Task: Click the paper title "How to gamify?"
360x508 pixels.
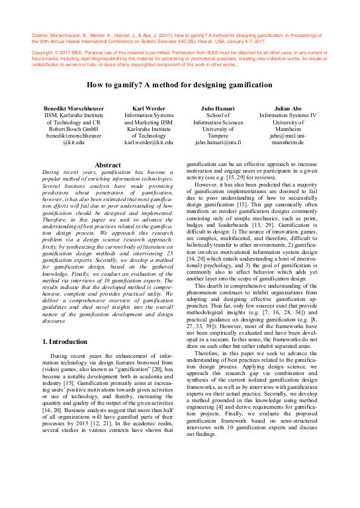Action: [x=179, y=85]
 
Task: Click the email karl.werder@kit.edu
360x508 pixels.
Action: [x=148, y=142]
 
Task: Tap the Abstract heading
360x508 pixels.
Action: [x=108, y=165]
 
